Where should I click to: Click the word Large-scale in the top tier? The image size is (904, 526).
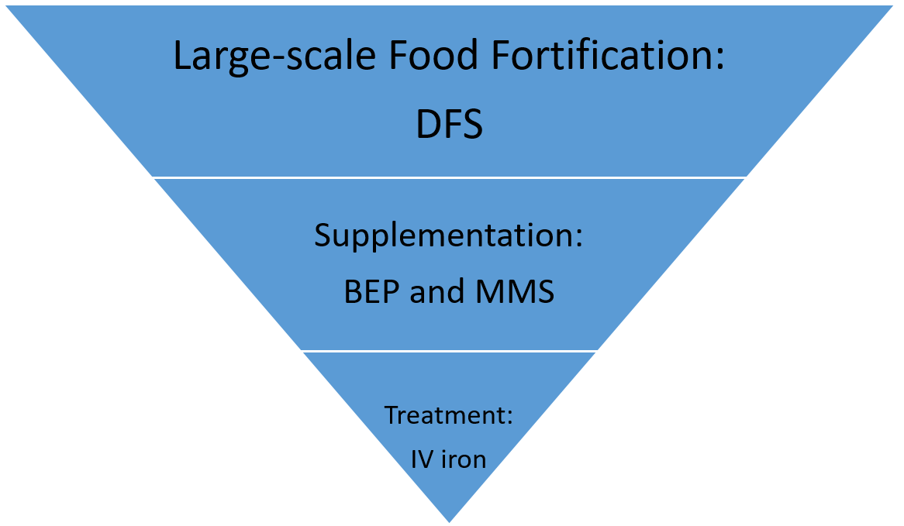[274, 57]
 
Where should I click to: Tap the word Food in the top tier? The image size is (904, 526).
[433, 55]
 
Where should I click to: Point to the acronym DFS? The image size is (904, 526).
[449, 124]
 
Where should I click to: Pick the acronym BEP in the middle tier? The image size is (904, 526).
[371, 291]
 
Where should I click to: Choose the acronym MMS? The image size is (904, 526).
[514, 291]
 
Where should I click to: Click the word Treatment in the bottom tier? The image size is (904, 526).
[445, 415]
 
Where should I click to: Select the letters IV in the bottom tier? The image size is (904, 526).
[422, 459]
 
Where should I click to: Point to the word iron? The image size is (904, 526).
[464, 459]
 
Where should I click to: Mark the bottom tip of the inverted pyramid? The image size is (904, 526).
[449, 522]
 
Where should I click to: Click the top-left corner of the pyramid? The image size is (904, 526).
[6, 6]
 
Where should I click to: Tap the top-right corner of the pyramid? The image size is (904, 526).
[893, 6]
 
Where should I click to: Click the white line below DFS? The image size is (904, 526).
[449, 177]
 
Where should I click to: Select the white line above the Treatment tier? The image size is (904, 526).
[449, 351]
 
